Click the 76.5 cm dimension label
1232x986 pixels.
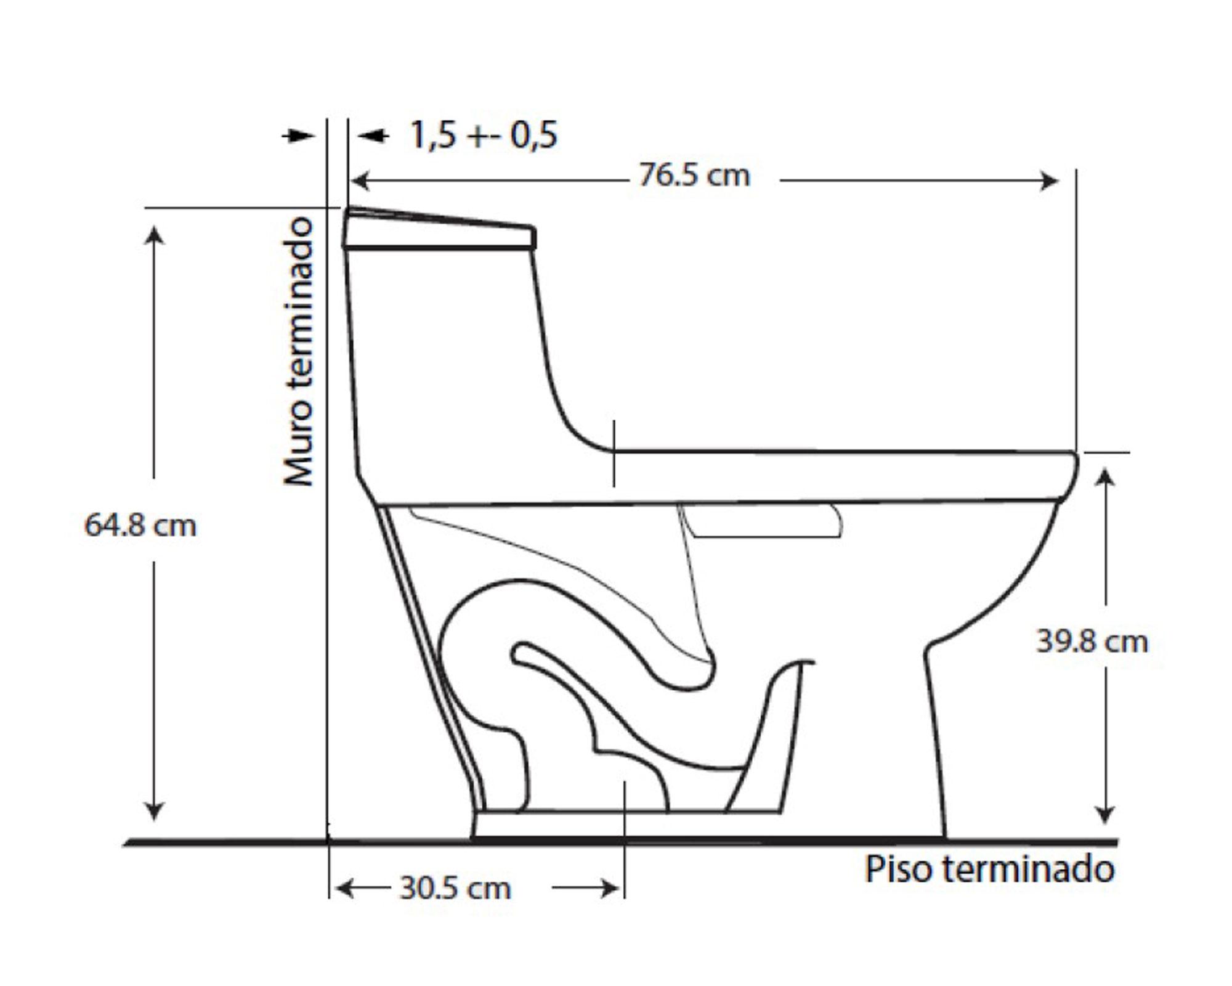coord(694,176)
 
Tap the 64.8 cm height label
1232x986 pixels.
coord(140,526)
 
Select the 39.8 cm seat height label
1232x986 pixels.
coord(1092,642)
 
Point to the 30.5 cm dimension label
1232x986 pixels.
coord(455,889)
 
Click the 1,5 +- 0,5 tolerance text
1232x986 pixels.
coord(484,136)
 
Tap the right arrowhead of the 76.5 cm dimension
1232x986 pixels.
coord(1049,181)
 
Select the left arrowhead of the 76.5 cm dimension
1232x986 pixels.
coord(359,181)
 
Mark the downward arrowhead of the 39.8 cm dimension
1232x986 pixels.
coord(1106,815)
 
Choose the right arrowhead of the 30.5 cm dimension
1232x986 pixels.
coord(611,889)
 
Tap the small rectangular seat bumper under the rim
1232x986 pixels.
coord(764,521)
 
